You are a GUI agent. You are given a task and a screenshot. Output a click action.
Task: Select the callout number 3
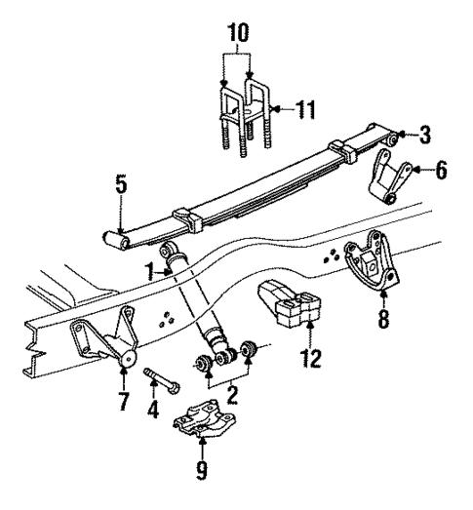tap(425, 134)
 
